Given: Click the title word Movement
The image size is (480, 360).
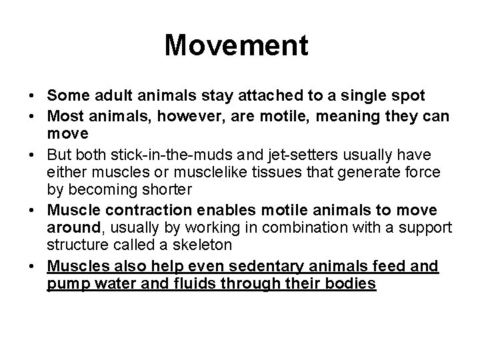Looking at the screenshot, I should (x=237, y=46).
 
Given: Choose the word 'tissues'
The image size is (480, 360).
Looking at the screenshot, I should (x=278, y=173).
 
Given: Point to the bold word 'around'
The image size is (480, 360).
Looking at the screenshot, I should (x=74, y=228).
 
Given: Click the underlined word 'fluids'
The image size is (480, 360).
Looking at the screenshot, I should (x=205, y=284).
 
